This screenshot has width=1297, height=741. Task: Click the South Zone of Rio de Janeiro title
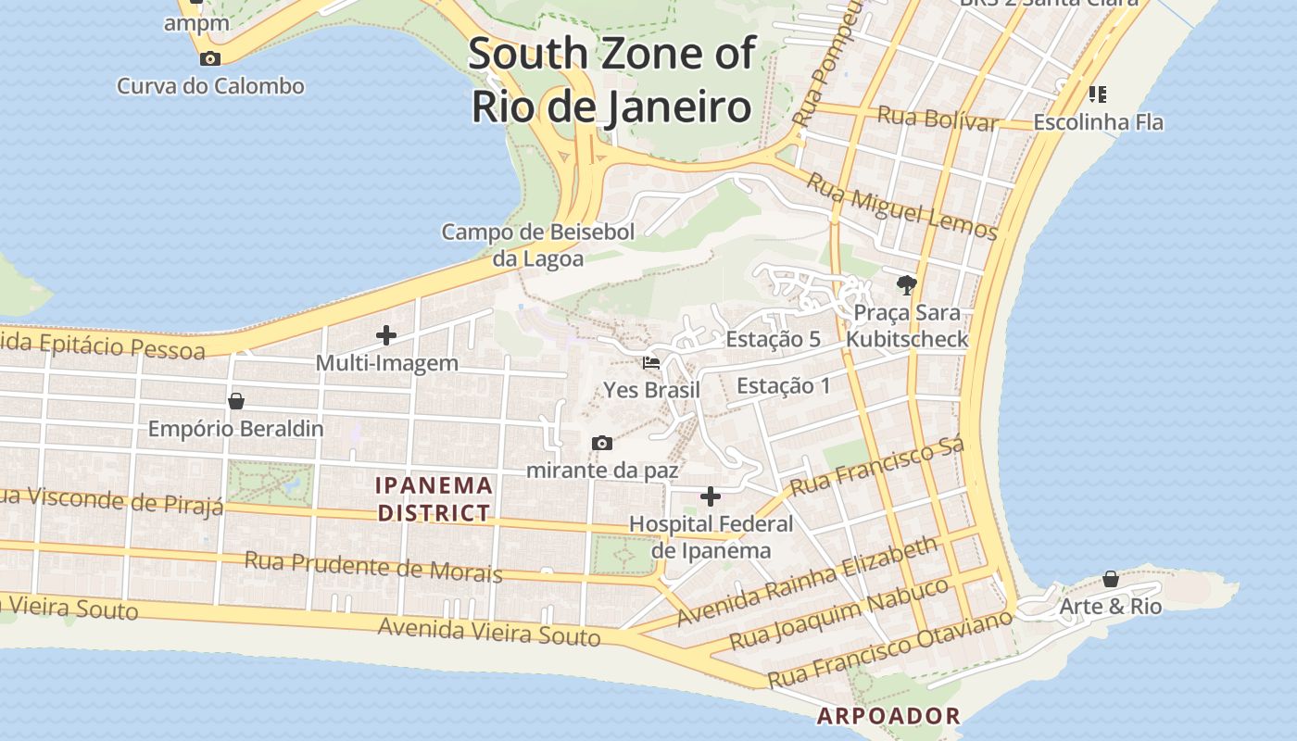tap(611, 81)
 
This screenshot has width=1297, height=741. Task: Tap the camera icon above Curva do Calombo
tap(210, 59)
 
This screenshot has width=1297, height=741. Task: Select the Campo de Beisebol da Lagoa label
tap(538, 245)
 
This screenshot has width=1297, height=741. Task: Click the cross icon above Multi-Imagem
tap(386, 335)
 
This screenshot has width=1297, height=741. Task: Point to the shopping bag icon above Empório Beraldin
tap(236, 401)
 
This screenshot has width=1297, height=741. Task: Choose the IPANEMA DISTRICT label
tap(434, 498)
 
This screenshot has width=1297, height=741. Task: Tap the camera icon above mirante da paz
tap(602, 444)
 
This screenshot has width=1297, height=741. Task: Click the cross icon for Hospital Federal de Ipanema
tap(711, 497)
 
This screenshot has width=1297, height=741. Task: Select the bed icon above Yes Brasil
tap(651, 363)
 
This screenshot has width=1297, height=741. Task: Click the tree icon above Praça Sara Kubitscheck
tap(906, 284)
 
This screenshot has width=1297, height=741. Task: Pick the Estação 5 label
tap(773, 339)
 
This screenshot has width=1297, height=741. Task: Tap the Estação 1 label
tap(784, 385)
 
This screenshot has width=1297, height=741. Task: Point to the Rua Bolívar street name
tap(938, 119)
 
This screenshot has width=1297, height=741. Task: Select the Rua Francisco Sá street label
tap(876, 466)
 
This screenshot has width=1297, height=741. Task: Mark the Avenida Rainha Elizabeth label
tap(807, 582)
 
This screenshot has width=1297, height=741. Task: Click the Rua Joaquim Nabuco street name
tap(838, 613)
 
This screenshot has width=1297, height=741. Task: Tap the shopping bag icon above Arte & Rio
tap(1111, 580)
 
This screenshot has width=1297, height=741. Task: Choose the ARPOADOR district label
tap(888, 716)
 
